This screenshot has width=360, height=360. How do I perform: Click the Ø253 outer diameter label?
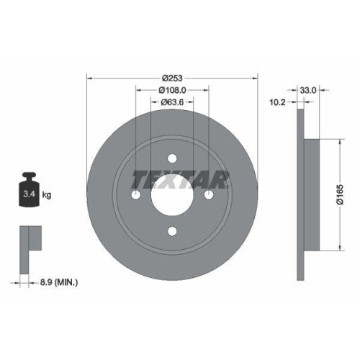(171, 78)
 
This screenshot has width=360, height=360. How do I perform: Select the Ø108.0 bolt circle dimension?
(172, 91)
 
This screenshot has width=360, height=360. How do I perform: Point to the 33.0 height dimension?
(309, 91)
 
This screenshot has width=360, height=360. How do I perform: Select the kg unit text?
(47, 195)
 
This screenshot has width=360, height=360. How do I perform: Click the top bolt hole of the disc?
(172, 159)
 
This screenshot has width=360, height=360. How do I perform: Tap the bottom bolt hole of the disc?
(172, 230)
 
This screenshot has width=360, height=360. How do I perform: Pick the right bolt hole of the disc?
(208, 195)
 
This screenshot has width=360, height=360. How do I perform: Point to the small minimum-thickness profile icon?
(28, 241)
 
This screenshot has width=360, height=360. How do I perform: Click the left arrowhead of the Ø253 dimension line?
(89, 78)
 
